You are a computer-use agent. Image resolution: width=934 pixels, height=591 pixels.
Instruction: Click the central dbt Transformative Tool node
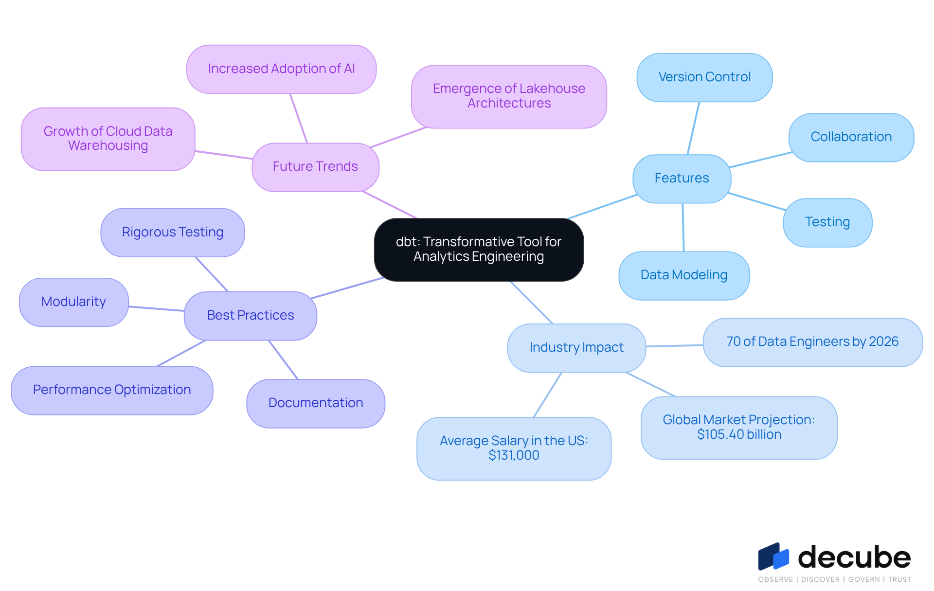click(479, 249)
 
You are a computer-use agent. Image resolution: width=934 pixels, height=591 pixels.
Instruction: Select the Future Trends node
click(315, 167)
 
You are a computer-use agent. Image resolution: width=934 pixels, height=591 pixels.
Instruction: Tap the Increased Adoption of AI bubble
click(281, 69)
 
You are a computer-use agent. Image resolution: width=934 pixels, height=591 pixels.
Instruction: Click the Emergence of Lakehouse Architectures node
click(509, 96)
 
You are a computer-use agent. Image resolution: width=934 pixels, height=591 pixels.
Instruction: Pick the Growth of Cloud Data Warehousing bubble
click(108, 139)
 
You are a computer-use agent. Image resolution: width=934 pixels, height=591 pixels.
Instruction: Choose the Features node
click(682, 179)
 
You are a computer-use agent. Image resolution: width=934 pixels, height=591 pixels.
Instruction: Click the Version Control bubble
click(704, 77)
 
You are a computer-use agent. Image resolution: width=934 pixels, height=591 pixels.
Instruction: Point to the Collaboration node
click(851, 137)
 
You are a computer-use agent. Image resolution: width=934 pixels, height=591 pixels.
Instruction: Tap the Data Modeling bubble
click(683, 275)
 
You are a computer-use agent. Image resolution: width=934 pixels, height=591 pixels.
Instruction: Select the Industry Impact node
click(576, 348)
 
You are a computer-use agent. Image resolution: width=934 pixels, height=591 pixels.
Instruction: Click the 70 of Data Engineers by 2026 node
click(812, 342)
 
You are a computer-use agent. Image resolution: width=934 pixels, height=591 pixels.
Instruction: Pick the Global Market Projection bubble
click(738, 428)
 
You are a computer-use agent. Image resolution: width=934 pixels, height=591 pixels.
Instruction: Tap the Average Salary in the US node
click(514, 448)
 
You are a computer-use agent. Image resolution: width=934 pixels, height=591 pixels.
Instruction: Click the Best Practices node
click(251, 316)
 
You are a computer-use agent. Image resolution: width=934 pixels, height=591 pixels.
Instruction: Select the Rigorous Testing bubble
click(173, 233)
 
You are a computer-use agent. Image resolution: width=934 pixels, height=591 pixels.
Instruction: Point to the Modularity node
click(73, 302)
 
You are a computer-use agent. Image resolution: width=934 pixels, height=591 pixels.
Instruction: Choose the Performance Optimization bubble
click(112, 390)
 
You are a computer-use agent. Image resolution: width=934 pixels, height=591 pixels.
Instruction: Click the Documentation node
click(316, 403)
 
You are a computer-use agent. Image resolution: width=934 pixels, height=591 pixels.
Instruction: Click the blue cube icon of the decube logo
click(773, 557)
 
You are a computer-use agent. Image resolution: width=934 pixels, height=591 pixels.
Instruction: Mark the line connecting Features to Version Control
click(694, 128)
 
